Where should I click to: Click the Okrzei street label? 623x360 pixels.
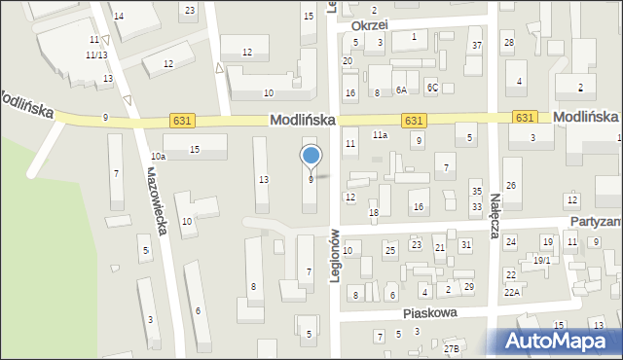[369, 24]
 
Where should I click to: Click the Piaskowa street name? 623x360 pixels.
[430, 313]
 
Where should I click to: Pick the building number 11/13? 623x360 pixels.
[95, 55]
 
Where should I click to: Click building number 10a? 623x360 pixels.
[158, 156]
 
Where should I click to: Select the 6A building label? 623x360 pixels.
[400, 90]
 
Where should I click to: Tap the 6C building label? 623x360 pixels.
[433, 88]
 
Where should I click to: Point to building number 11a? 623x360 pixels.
[380, 135]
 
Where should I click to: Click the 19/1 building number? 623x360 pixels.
[542, 260]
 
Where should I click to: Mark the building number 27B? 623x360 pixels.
[451, 348]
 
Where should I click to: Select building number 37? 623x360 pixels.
[476, 46]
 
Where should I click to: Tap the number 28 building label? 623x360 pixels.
[508, 42]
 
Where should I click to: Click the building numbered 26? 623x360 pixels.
[510, 186]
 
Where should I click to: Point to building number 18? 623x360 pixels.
[373, 212]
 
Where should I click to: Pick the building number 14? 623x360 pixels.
[119, 17]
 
